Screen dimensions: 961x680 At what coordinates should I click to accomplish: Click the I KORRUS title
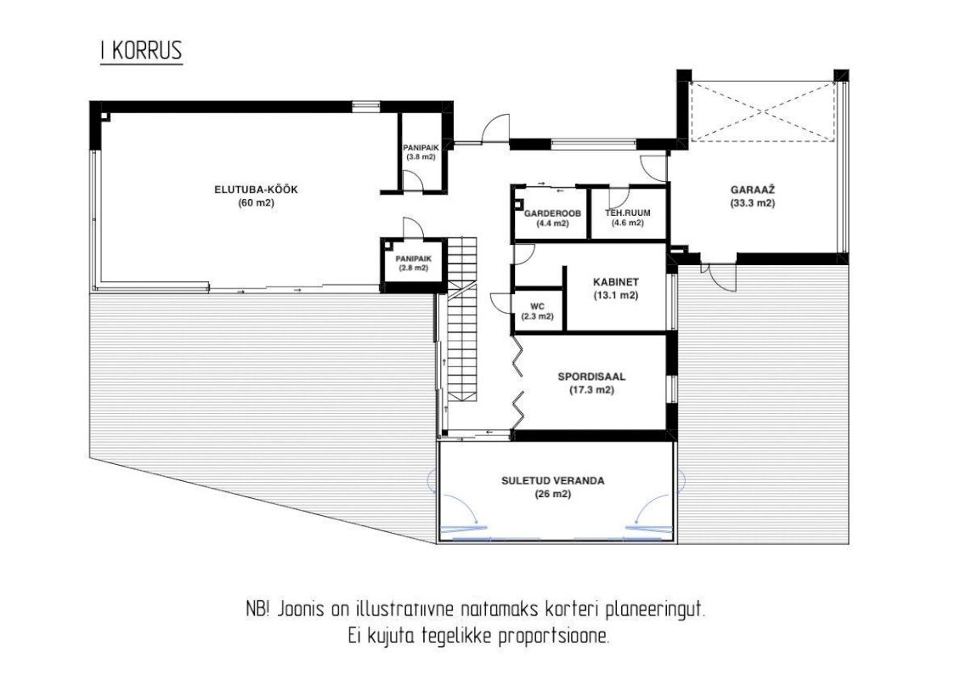coord(142,50)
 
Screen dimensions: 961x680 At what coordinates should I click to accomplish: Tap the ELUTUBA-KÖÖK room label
coord(257,190)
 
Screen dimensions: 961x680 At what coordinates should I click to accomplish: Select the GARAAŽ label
coord(753,190)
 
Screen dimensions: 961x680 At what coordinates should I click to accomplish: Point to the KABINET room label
coord(616,282)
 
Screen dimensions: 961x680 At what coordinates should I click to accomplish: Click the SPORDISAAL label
coord(591,377)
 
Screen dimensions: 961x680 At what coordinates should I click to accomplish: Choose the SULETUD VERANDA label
coord(553,481)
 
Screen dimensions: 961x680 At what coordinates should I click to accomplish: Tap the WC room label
coord(538,306)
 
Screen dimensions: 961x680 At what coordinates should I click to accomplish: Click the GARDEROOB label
coord(552,213)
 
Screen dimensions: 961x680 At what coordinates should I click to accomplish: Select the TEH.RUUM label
coord(628,213)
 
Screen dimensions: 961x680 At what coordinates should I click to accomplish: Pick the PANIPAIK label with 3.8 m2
coord(421,148)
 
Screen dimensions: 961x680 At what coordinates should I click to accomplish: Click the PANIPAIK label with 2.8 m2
coord(413,258)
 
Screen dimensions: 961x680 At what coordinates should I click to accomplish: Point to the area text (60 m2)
coord(257,203)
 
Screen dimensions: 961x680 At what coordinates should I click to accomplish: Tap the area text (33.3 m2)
coord(753,203)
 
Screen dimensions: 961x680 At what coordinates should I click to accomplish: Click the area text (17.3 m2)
coord(591,390)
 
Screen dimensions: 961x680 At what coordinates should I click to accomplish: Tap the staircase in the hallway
coord(461,319)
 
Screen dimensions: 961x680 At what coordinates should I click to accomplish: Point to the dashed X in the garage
coord(762,111)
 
